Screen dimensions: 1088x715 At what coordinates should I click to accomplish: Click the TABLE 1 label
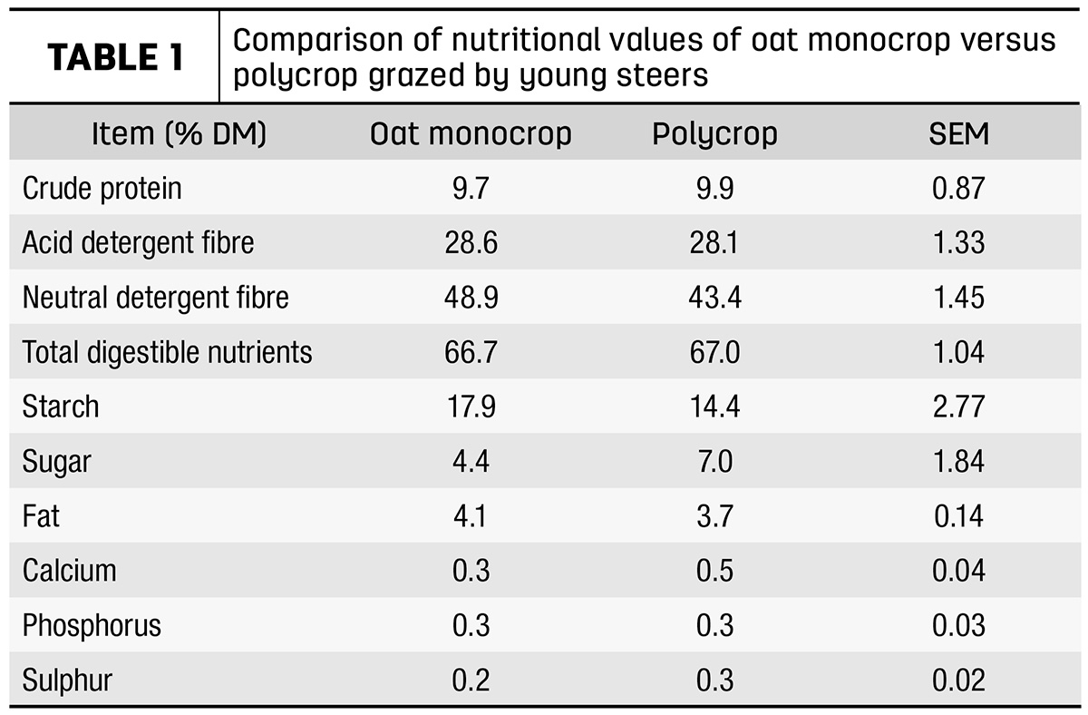tap(116, 57)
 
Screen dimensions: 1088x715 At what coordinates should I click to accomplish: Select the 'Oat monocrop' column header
tap(471, 133)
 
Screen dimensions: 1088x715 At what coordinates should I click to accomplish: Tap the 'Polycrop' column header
tap(714, 133)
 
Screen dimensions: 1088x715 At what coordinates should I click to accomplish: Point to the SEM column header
tap(959, 133)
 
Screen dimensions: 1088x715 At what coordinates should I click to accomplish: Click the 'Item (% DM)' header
tap(179, 133)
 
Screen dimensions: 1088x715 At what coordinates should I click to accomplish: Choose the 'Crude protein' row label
tap(102, 188)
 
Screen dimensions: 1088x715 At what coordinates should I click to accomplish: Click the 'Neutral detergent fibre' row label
tap(155, 297)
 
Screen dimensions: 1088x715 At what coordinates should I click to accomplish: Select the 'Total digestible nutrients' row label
tap(167, 351)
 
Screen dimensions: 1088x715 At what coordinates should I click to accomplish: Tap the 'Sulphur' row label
tap(67, 680)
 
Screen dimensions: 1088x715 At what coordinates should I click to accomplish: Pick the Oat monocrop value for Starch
tap(471, 406)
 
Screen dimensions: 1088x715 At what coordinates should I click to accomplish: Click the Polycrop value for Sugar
tap(715, 461)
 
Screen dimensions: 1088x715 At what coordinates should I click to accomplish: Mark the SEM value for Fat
tap(959, 515)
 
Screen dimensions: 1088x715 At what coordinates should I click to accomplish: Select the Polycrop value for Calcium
tap(714, 570)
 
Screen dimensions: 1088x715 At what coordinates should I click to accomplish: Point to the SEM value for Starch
tap(959, 406)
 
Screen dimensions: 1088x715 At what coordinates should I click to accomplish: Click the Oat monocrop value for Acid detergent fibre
tap(471, 242)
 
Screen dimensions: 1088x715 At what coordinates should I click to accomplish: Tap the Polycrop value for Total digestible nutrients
tap(715, 352)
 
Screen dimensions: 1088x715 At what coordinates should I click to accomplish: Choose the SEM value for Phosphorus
tap(959, 625)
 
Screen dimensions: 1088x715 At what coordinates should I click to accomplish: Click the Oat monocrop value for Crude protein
tap(471, 188)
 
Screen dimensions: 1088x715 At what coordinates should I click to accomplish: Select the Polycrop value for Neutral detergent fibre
tap(715, 297)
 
